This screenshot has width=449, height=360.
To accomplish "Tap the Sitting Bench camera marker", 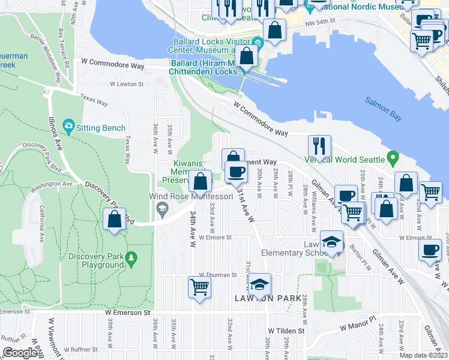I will tap(69, 127).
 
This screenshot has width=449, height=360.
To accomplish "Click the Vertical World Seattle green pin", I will tap(393, 160).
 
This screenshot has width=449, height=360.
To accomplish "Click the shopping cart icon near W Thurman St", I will tap(199, 286).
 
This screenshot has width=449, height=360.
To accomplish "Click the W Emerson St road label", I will tap(127, 313).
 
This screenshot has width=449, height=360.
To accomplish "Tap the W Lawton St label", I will tap(127, 85).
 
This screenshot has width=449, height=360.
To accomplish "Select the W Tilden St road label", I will tap(287, 331).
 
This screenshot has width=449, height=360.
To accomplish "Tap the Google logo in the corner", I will tap(20, 353).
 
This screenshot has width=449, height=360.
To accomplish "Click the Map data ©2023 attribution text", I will tap(424, 355).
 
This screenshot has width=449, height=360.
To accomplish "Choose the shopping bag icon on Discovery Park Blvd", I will tap(114, 219).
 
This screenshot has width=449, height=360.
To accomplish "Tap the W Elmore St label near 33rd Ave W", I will tap(215, 237).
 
